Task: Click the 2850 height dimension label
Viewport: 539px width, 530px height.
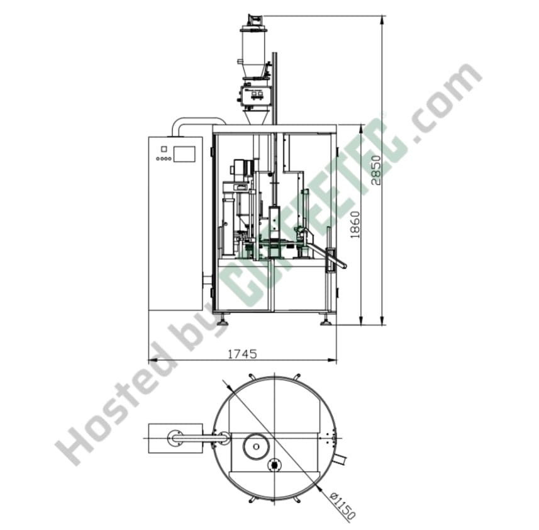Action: (376, 170)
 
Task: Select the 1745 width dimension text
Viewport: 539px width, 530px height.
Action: (243, 354)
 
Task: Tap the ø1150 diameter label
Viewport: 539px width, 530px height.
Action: (342, 505)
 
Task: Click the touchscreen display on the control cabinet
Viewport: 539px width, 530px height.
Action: (184, 154)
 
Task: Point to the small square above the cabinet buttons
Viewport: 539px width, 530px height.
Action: (164, 149)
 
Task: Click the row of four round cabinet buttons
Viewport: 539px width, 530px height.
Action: (164, 159)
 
